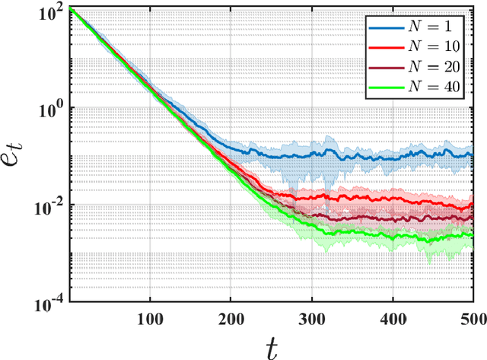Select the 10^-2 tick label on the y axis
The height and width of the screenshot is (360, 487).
52,206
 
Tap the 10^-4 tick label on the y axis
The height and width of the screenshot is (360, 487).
52,303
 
